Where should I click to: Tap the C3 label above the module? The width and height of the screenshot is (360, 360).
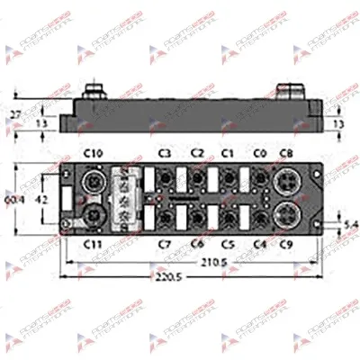[165, 153]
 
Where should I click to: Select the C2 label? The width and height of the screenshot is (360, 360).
[197, 153]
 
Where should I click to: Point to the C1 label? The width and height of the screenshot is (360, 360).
[228, 153]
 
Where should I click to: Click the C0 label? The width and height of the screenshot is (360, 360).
[260, 153]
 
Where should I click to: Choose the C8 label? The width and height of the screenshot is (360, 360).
[288, 153]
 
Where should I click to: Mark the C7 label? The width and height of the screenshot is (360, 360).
[165, 244]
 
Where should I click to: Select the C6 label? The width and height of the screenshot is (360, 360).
[197, 244]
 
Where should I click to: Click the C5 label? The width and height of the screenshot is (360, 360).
[228, 244]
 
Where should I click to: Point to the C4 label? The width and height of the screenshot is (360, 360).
[260, 244]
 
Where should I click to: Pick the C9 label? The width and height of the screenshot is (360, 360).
[288, 244]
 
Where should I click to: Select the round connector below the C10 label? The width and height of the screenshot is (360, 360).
[93, 183]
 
